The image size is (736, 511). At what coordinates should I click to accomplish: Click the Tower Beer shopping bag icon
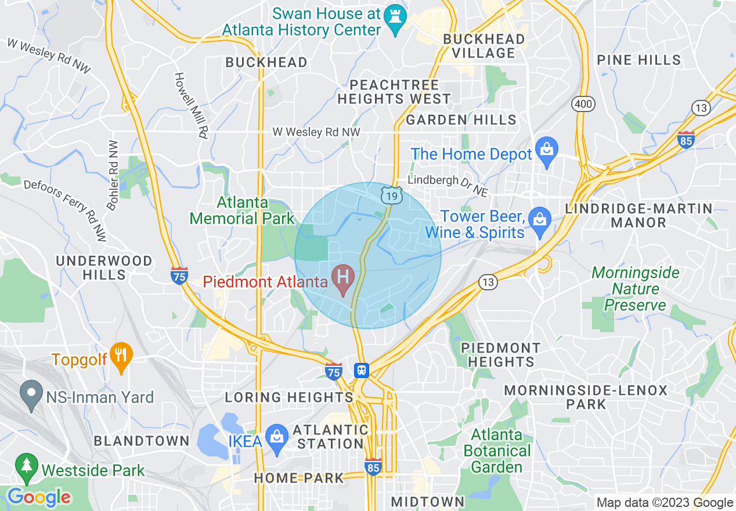(540, 222)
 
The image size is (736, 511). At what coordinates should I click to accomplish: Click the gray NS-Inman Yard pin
(32, 394)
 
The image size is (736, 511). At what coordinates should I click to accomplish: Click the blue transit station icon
(362, 370)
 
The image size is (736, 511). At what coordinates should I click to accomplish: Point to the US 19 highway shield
(392, 196)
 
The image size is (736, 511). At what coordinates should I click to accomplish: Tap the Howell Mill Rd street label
(192, 105)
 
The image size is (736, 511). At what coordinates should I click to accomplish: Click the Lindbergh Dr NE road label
(448, 184)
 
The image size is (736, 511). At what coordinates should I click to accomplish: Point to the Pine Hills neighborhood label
(638, 60)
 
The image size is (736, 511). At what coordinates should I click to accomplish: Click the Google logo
(39, 498)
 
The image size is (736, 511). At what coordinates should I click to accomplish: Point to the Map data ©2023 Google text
(665, 503)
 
